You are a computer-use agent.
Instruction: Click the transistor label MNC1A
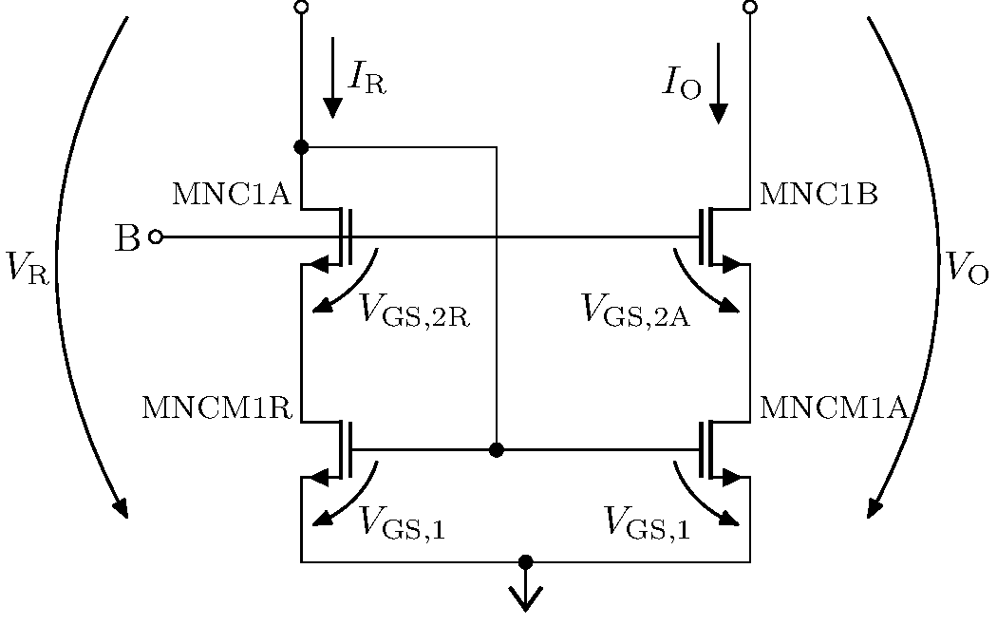tap(230, 195)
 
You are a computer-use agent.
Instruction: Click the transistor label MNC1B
tap(818, 195)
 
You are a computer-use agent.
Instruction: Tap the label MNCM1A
tap(836, 407)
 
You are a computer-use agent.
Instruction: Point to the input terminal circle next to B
tap(156, 237)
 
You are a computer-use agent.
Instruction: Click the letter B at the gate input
tap(126, 238)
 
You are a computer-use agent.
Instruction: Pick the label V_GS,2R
tap(415, 310)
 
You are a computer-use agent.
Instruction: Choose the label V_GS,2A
tap(635, 310)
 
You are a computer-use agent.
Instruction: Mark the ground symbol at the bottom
tap(525, 597)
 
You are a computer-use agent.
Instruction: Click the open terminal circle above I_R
tap(301, 8)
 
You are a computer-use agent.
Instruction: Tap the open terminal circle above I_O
tap(750, 8)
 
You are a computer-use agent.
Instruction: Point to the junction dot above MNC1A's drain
tap(301, 147)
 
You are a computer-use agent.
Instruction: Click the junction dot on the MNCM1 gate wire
tap(496, 449)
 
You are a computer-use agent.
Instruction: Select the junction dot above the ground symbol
tap(525, 562)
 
